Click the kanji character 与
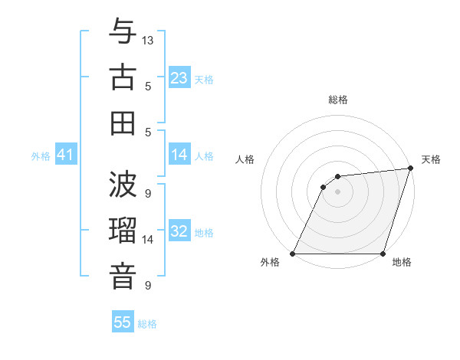point(123,32)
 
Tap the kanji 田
point(123,123)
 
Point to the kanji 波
point(123,184)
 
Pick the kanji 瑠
point(123,230)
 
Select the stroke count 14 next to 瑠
point(148,240)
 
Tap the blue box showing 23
point(179,77)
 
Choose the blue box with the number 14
point(179,155)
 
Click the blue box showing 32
point(179,231)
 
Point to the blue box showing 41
point(66,155)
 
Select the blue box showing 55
point(123,322)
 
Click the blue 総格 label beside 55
point(147,324)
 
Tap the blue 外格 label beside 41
point(41,156)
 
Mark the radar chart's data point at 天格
point(411,169)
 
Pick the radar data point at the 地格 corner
point(383,254)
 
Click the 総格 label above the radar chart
point(337,100)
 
